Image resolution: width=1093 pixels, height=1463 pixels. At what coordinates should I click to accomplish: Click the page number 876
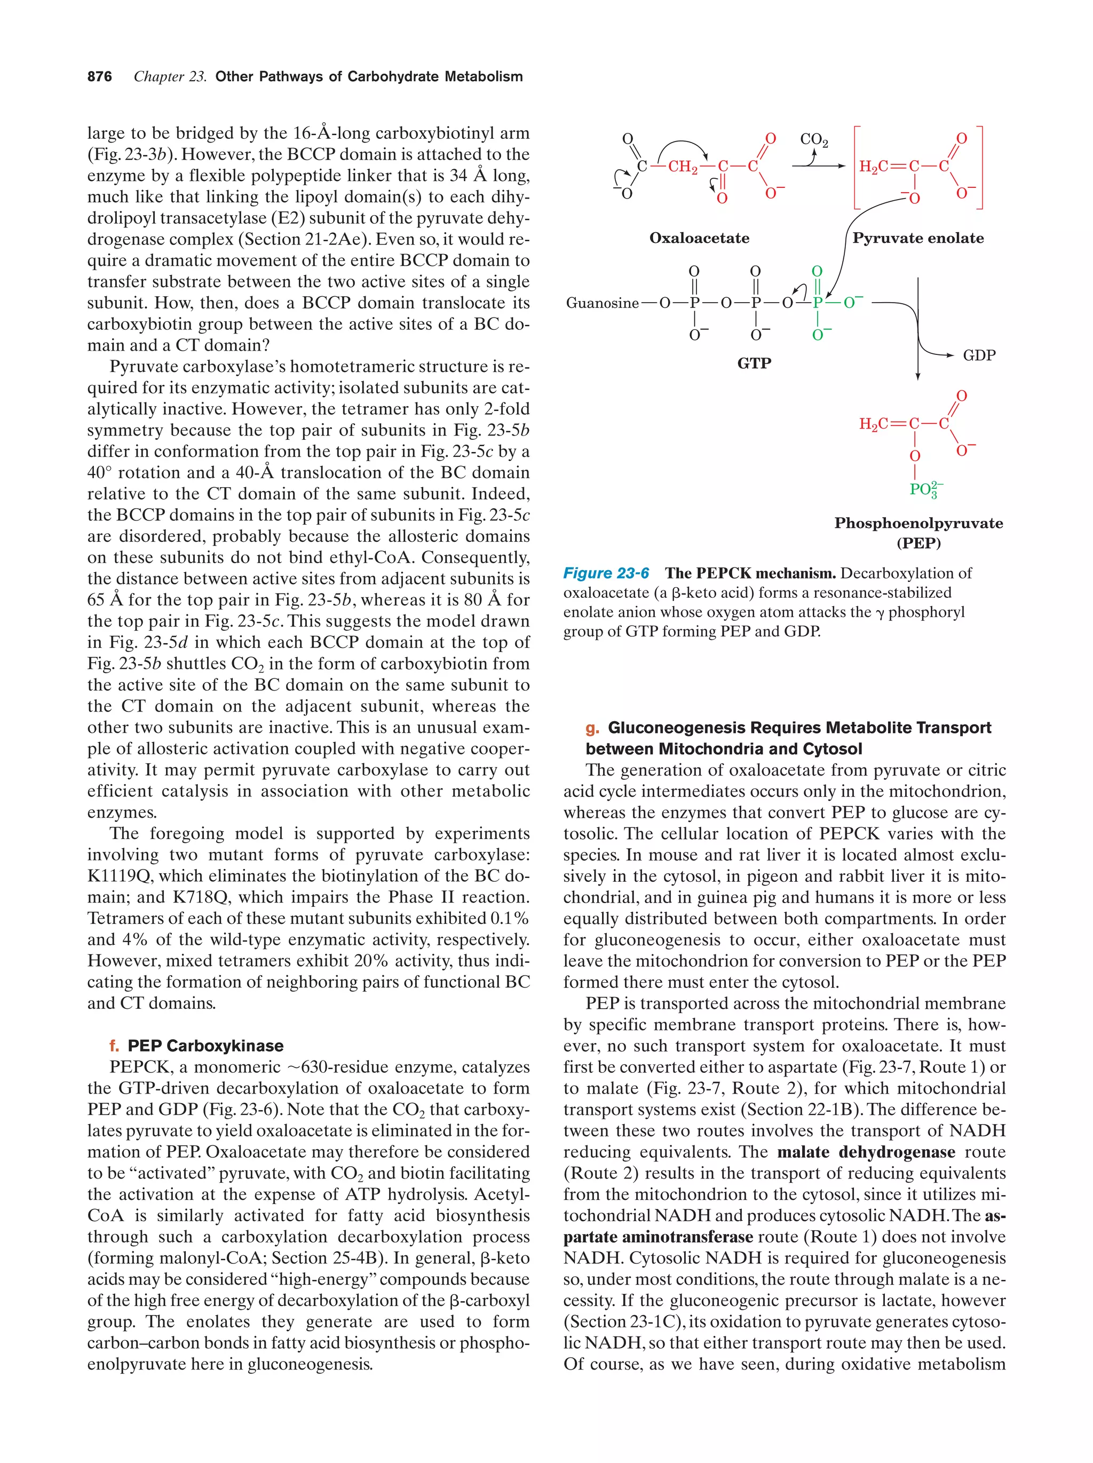point(99,77)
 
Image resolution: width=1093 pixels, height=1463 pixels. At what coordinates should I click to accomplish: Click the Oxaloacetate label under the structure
point(699,238)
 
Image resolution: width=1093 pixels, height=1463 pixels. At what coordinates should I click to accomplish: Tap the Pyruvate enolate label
point(918,238)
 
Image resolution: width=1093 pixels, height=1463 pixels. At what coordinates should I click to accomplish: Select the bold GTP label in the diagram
point(754,363)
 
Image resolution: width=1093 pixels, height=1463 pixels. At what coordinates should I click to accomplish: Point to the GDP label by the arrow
point(979,355)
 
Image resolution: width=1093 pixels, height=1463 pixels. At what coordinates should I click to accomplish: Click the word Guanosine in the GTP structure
point(601,304)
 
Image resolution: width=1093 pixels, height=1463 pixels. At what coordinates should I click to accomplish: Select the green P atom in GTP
point(817,303)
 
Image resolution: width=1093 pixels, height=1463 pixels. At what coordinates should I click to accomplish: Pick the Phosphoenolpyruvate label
point(918,523)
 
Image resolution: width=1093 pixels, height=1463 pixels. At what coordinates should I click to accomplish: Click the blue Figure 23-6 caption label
point(606,573)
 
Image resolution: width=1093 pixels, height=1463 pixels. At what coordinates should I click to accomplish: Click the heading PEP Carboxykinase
point(205,1046)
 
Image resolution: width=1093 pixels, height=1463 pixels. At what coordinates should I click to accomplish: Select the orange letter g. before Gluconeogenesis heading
point(592,728)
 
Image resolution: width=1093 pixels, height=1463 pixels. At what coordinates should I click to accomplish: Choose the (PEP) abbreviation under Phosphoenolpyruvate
point(918,544)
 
